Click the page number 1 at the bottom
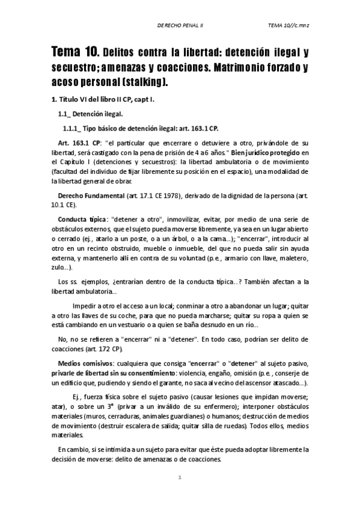(180, 478)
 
